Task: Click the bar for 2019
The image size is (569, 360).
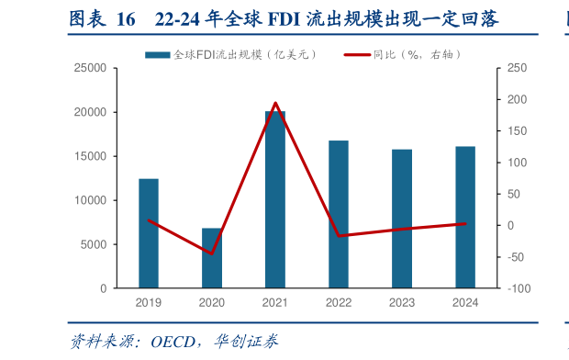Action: click(x=149, y=233)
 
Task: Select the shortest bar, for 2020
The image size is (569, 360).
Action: click(x=212, y=258)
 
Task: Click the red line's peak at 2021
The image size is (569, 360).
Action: click(x=275, y=103)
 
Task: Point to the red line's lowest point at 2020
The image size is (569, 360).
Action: click(x=212, y=253)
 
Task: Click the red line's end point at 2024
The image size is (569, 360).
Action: click(x=465, y=223)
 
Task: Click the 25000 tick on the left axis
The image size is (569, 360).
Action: click(x=90, y=68)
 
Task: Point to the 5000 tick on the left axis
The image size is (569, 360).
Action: click(x=94, y=244)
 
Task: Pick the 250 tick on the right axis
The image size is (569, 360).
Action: click(x=517, y=68)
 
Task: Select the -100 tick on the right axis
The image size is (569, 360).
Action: click(x=519, y=288)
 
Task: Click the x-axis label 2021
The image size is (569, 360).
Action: click(x=275, y=302)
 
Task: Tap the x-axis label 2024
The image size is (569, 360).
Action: click(x=465, y=302)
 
